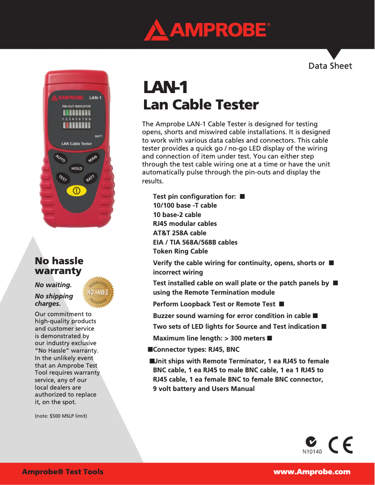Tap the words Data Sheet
(x=330, y=66)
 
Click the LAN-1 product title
(x=165, y=87)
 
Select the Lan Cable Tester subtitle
(x=201, y=104)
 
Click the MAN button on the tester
(x=93, y=159)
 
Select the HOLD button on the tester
(x=77, y=168)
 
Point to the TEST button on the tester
(x=63, y=178)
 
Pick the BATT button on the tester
(x=91, y=178)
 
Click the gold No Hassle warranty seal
(x=98, y=292)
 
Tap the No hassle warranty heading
(x=59, y=266)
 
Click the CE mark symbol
(x=341, y=445)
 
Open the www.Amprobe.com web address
(x=311, y=471)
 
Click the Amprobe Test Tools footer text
(x=63, y=471)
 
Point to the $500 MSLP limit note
(x=61, y=416)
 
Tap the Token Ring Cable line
(x=180, y=251)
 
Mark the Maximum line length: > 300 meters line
(x=209, y=338)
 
